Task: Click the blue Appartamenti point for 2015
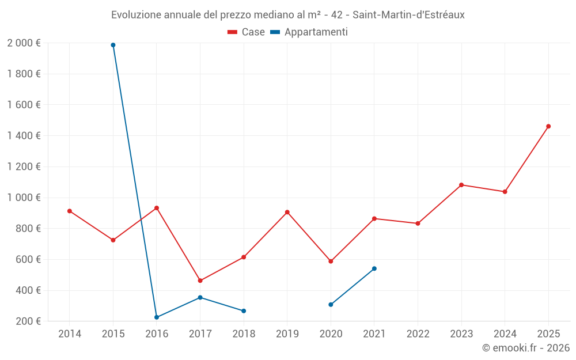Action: point(113,45)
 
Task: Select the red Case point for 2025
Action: point(548,126)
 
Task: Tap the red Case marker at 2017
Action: point(200,281)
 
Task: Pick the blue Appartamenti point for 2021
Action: point(374,268)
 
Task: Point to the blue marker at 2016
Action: point(157,317)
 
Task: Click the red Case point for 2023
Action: point(461,185)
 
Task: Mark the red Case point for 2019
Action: point(287,212)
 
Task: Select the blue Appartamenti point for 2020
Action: point(331,304)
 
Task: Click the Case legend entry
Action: point(247,32)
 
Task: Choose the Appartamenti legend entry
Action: point(309,32)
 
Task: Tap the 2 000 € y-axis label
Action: point(24,43)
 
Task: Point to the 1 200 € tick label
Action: point(24,166)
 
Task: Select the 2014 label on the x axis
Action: point(70,334)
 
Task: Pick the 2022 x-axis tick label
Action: point(418,334)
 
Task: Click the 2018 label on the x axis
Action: point(244,334)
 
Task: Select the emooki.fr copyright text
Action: point(525,348)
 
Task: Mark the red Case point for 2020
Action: point(331,261)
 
